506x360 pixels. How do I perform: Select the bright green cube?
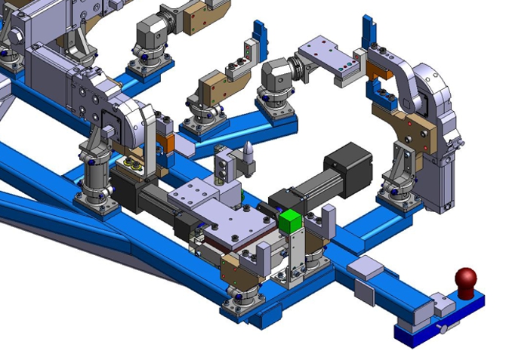pos(290,221)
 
